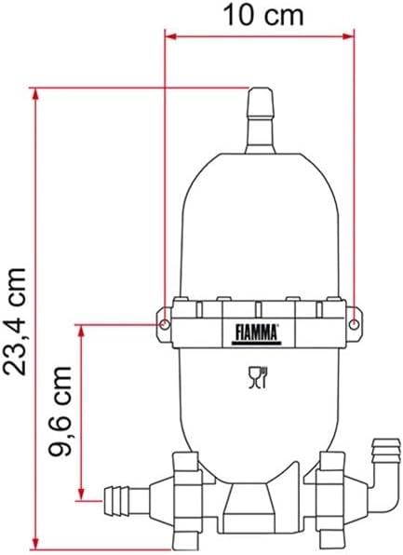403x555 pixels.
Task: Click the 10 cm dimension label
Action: (263, 16)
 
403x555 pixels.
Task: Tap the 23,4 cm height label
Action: (14, 321)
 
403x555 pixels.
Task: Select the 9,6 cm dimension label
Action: (60, 411)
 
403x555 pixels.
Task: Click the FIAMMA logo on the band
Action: (257, 333)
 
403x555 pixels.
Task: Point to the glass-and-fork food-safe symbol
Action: (258, 378)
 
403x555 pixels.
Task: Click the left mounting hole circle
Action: (165, 324)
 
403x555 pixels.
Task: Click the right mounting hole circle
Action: (354, 324)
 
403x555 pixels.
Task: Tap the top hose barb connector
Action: (261, 120)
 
